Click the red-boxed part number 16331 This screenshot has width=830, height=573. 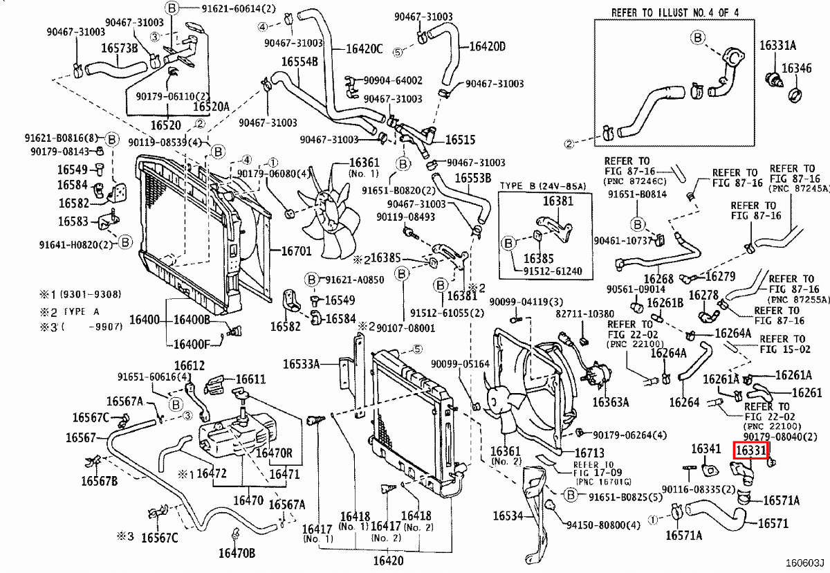click(x=750, y=451)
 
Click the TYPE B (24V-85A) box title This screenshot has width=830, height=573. click(x=543, y=186)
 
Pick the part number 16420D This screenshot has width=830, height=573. click(x=488, y=46)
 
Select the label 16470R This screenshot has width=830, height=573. click(x=275, y=453)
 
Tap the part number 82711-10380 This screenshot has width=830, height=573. click(x=584, y=313)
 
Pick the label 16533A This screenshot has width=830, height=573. click(x=302, y=363)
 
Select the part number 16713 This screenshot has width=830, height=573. click(x=572, y=453)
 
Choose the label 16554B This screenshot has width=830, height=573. click(x=299, y=62)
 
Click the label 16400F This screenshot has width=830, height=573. click(x=192, y=343)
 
